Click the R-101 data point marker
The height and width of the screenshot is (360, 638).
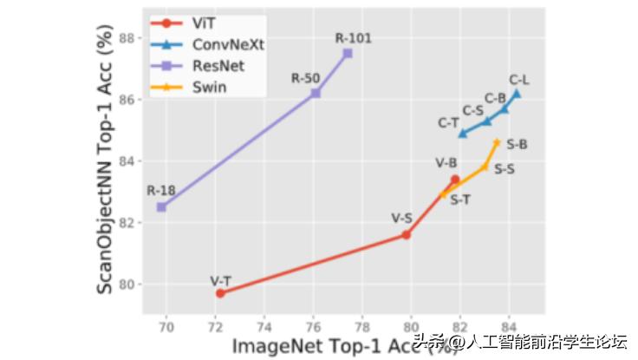click(x=348, y=53)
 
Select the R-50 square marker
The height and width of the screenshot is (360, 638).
click(x=316, y=93)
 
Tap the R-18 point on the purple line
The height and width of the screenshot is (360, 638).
click(x=161, y=206)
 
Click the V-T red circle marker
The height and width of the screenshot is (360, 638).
click(x=220, y=293)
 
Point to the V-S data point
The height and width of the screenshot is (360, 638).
click(x=406, y=235)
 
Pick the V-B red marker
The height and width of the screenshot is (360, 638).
click(x=454, y=180)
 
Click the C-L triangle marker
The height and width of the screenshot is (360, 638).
click(x=517, y=93)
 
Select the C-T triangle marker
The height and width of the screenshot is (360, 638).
click(x=462, y=134)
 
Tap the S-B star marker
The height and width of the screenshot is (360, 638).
click(x=497, y=142)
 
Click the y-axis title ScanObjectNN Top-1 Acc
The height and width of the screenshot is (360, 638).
click(x=106, y=165)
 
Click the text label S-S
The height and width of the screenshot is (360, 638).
click(x=505, y=169)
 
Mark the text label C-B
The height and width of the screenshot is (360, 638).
click(x=495, y=98)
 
